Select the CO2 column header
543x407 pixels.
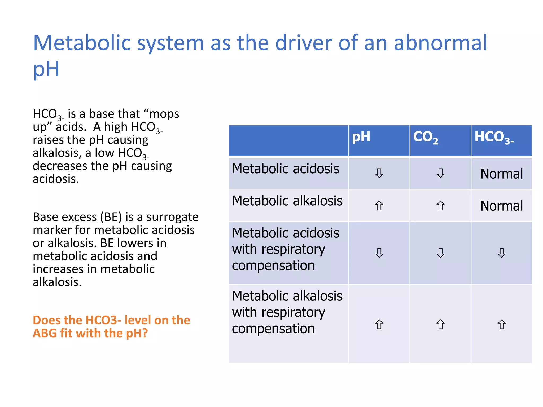(425, 137)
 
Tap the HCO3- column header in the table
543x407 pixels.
(494, 137)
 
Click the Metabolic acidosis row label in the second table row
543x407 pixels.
(286, 169)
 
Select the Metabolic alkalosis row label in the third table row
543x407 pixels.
(287, 201)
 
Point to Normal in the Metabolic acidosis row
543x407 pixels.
(501, 174)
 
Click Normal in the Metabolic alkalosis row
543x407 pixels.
(501, 206)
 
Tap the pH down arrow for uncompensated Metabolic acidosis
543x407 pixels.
(379, 173)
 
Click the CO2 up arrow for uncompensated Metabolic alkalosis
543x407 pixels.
(440, 206)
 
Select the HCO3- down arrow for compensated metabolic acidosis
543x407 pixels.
(502, 253)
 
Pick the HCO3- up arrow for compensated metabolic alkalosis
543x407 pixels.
(502, 324)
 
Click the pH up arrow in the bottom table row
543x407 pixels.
(379, 324)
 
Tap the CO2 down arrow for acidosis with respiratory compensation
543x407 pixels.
(440, 253)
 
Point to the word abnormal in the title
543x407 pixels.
(440, 43)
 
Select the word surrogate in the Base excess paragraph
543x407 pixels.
(172, 217)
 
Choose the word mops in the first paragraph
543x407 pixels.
(164, 114)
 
